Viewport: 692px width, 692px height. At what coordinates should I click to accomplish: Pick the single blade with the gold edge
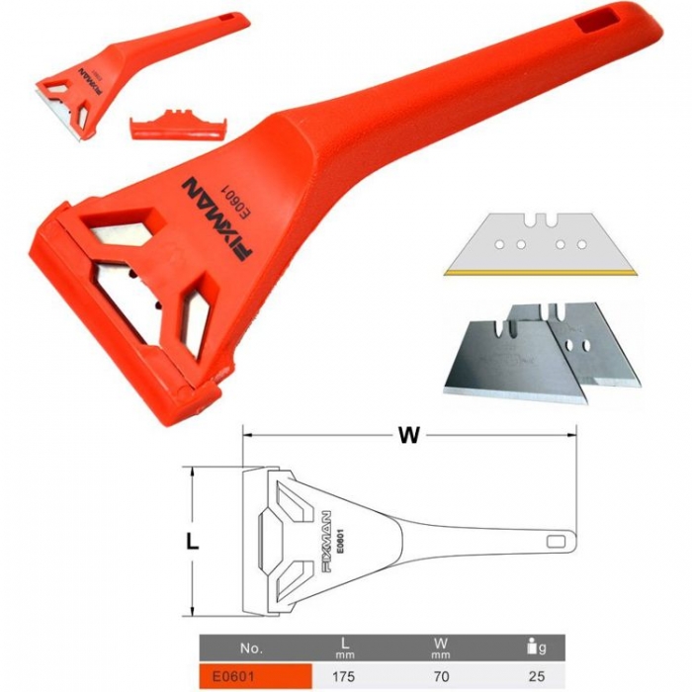[x=541, y=244]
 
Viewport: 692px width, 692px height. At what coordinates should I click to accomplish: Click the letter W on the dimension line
[x=408, y=435]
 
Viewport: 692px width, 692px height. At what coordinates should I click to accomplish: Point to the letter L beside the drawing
[x=192, y=542]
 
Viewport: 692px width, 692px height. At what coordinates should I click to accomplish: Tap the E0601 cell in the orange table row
[x=233, y=676]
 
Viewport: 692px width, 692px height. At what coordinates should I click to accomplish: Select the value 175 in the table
[x=342, y=676]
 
